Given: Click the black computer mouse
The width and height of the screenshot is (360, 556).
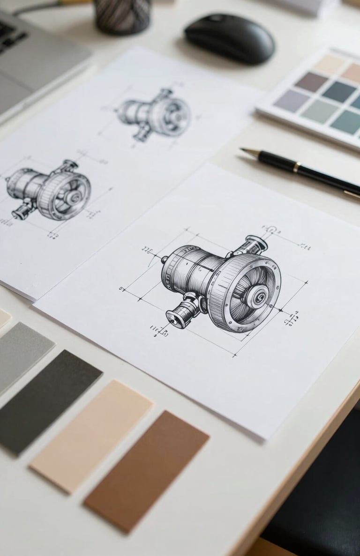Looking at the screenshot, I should coord(229,39).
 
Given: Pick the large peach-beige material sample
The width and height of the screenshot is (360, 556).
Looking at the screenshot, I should coord(91,436).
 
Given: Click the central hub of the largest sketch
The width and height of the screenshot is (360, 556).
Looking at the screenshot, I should coord(258,296).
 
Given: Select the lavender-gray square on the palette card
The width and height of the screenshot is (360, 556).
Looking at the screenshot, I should coord(291,100).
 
